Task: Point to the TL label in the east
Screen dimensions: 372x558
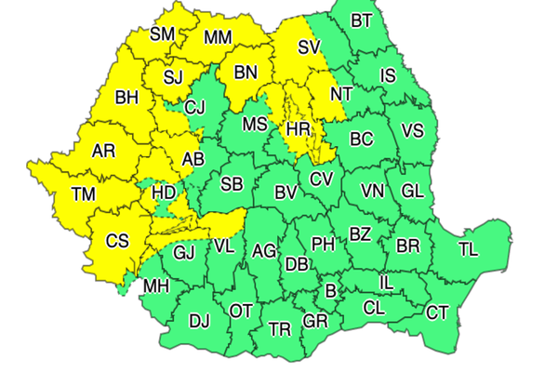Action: (468, 248)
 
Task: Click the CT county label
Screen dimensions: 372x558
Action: (437, 312)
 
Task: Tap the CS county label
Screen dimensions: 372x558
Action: (116, 241)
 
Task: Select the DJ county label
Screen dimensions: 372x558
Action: (199, 322)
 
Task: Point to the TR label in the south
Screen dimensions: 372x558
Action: (279, 329)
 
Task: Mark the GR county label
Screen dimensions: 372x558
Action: (316, 322)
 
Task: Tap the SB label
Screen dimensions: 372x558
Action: (232, 184)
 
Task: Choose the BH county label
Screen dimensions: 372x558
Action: (126, 96)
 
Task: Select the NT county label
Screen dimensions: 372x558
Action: (341, 94)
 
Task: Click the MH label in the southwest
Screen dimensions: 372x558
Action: (155, 286)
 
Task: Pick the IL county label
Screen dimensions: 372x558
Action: (390, 282)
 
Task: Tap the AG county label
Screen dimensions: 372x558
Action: (264, 249)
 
